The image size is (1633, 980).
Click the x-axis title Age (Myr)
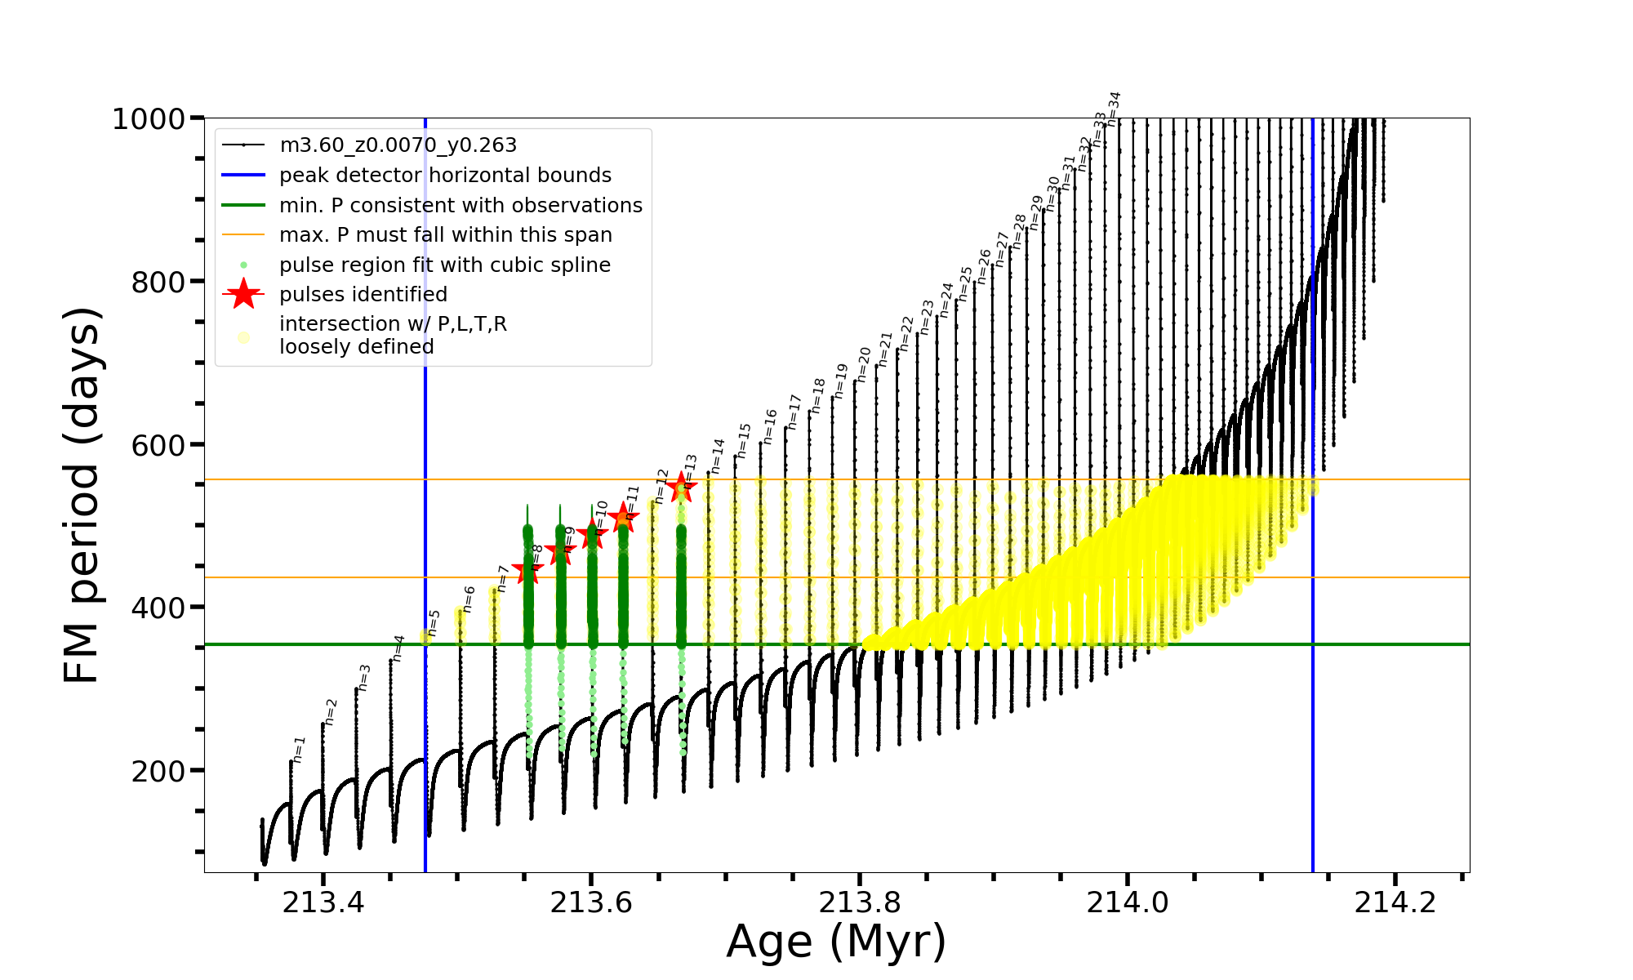click(836, 942)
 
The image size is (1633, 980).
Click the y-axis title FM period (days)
click(82, 495)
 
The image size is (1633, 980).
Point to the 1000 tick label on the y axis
click(149, 119)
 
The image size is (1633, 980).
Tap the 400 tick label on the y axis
click(158, 608)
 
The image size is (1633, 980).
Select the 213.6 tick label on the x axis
click(591, 902)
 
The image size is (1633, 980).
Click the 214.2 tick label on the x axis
click(1395, 902)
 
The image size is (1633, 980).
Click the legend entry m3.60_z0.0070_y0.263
click(398, 145)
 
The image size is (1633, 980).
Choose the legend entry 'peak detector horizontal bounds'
click(445, 176)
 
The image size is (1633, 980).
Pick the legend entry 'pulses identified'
click(363, 295)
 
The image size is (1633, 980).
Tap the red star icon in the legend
click(243, 294)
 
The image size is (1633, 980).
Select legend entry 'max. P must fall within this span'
click(445, 235)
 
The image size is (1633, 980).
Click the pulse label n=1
click(300, 749)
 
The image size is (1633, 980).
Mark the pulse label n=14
click(718, 456)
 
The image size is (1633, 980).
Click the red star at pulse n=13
click(681, 488)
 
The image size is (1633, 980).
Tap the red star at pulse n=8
click(527, 572)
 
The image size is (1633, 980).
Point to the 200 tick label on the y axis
click(158, 770)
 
